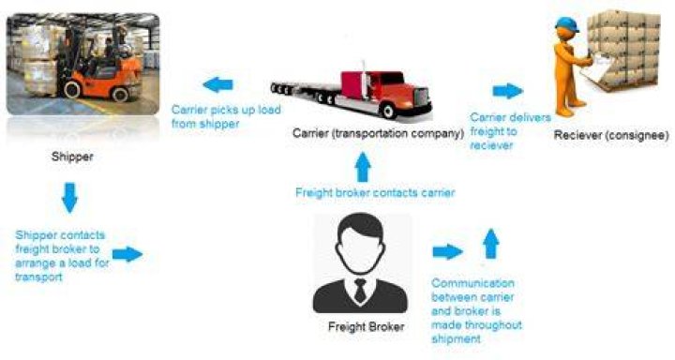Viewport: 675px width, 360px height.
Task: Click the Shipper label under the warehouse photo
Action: tap(72, 157)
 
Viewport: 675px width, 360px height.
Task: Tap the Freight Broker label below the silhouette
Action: tap(367, 327)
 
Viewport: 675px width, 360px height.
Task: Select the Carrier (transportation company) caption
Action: tap(379, 133)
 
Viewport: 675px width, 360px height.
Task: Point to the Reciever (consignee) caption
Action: tap(611, 135)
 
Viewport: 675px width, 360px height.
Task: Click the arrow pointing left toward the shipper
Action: tap(217, 84)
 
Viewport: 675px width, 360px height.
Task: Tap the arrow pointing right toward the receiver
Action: tap(508, 91)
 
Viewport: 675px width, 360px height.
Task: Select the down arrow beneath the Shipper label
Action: tap(69, 198)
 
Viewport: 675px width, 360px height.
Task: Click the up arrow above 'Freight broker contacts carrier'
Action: tap(363, 167)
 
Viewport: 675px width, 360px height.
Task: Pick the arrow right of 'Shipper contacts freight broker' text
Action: tap(127, 254)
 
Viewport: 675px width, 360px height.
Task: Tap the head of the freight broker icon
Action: tap(360, 244)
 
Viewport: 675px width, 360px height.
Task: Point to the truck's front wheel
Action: tap(389, 111)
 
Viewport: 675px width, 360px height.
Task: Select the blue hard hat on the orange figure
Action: tap(566, 24)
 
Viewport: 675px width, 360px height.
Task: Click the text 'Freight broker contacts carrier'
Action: tap(375, 192)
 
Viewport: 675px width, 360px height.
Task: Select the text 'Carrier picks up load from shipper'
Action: tap(226, 116)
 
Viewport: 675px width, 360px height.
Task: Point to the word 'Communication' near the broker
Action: tap(473, 283)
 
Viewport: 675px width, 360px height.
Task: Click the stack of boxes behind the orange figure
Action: tap(623, 48)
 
